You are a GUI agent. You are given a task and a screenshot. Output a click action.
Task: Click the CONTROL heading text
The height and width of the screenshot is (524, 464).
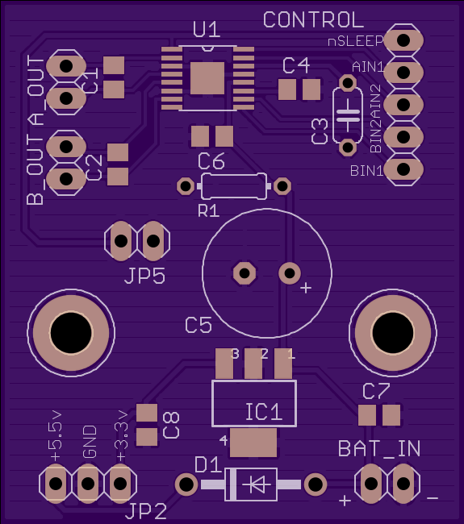pos(313,19)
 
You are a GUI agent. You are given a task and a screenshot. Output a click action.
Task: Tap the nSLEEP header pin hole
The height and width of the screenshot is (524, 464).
pos(403,40)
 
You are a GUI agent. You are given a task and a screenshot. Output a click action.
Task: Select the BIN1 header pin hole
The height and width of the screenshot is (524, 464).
pos(403,168)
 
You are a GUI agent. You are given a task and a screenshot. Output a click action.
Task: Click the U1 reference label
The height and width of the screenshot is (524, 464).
pos(207,30)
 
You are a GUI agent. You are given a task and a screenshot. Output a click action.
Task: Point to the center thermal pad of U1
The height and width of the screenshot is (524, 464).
pos(207,78)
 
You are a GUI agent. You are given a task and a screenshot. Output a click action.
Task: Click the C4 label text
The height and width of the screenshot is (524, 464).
pos(296,65)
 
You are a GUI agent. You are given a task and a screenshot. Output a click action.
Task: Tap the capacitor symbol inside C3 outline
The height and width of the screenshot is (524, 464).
pos(348,115)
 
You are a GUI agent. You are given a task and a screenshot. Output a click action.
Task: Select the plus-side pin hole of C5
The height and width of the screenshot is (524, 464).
pos(290,273)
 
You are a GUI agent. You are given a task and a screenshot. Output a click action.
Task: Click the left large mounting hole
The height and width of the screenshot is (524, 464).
pos(71,333)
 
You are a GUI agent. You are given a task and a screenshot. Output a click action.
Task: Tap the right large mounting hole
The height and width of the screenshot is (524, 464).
pos(393,333)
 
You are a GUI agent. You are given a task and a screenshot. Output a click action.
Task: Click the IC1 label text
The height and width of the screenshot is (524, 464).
pos(264,412)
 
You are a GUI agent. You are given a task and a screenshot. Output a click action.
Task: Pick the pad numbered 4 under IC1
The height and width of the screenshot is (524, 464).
pos(253,443)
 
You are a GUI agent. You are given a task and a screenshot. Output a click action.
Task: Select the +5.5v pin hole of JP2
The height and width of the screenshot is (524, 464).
pos(56,484)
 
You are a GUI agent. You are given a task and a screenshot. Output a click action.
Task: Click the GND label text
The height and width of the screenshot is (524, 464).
pos(90,442)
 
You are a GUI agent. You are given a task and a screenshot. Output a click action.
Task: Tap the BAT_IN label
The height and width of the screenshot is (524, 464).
pos(379,448)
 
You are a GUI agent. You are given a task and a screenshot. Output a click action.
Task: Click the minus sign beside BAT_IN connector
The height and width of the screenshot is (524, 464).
pos(433,498)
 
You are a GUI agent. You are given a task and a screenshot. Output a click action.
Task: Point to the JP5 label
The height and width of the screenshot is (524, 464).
pos(145,277)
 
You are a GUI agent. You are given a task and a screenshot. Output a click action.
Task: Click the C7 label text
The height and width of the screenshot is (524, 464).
pos(376,391)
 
